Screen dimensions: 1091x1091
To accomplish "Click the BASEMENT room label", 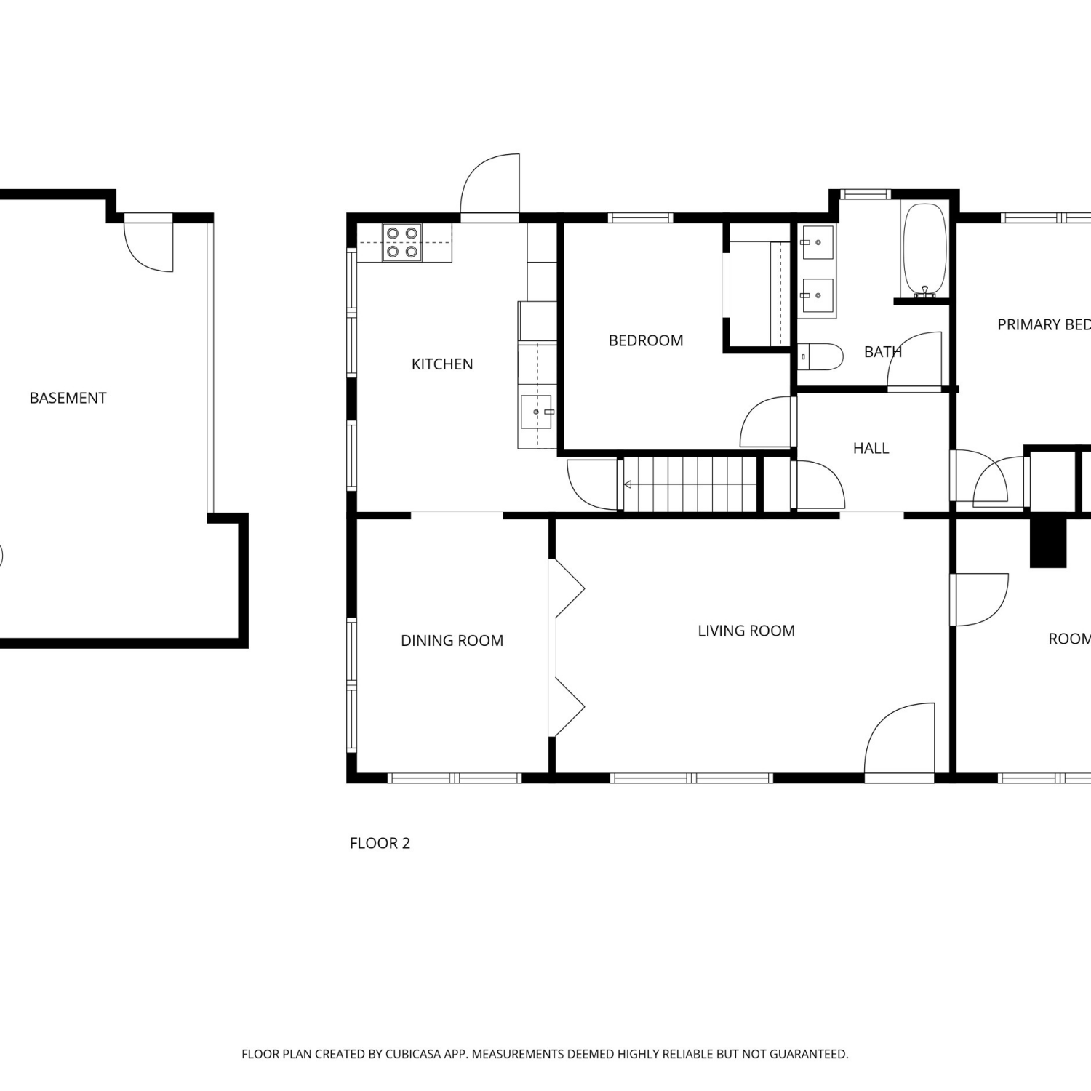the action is pyautogui.click(x=68, y=398).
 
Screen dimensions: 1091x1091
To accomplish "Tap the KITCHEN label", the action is pyautogui.click(x=442, y=364).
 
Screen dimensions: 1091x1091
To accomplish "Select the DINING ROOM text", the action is pyautogui.click(x=452, y=640).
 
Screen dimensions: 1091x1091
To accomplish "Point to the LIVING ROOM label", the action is pyautogui.click(x=746, y=631).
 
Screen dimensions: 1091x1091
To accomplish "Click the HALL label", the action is pyautogui.click(x=871, y=448).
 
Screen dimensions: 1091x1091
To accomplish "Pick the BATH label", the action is pyautogui.click(x=882, y=352).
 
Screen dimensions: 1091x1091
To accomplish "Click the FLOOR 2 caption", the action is pyautogui.click(x=380, y=843).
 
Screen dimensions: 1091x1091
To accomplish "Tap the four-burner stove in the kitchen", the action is pyautogui.click(x=402, y=243).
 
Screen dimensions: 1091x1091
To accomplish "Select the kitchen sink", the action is pyautogui.click(x=537, y=412).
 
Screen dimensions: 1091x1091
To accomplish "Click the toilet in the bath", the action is pyautogui.click(x=820, y=357).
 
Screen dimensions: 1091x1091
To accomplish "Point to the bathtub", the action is pyautogui.click(x=924, y=250).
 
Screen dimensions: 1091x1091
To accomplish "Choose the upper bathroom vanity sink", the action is pyautogui.click(x=817, y=242).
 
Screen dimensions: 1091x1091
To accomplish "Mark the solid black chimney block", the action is pyautogui.click(x=1048, y=543).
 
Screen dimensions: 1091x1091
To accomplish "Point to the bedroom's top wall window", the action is pyautogui.click(x=640, y=217).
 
